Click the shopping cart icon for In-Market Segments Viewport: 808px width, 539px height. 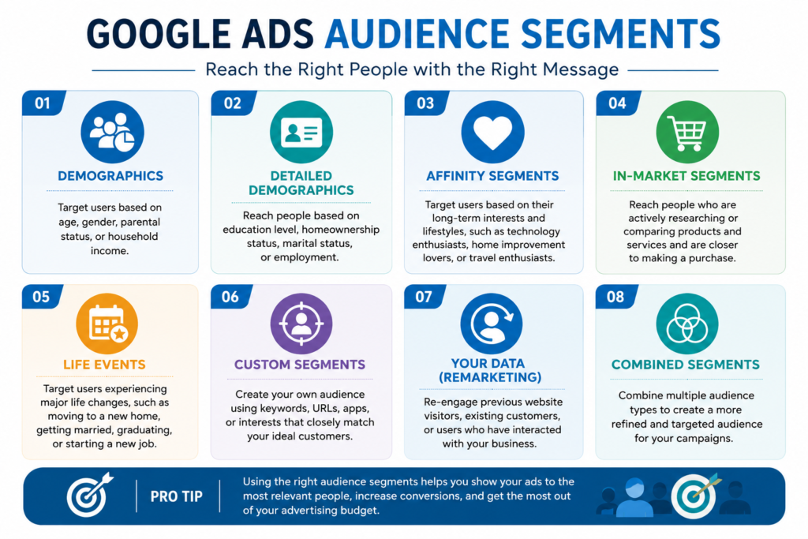coord(687,132)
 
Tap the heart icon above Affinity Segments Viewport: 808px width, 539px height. coord(492,132)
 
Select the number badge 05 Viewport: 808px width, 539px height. coord(42,296)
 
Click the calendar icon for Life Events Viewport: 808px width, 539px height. coord(107,324)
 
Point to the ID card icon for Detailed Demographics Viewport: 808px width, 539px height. coord(301,132)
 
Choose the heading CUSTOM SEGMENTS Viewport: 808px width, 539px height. coord(300,365)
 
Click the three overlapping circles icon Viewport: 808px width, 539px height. coord(687,324)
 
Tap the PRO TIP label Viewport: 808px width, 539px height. coord(176,496)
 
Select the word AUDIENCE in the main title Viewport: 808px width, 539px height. coord(418,34)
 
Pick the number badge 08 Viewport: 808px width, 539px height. coord(616,296)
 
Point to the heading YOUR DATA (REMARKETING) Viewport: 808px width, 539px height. coord(489,370)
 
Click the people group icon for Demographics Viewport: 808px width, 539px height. coord(112,132)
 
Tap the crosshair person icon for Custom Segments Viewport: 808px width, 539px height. coord(301,324)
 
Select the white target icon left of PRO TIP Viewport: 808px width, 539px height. coord(89,495)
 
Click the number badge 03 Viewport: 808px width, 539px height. coord(425,103)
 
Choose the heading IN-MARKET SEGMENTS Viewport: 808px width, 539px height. coord(686,176)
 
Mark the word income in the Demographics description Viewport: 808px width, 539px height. coord(109,251)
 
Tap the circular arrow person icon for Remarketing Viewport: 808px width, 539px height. coord(491,324)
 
